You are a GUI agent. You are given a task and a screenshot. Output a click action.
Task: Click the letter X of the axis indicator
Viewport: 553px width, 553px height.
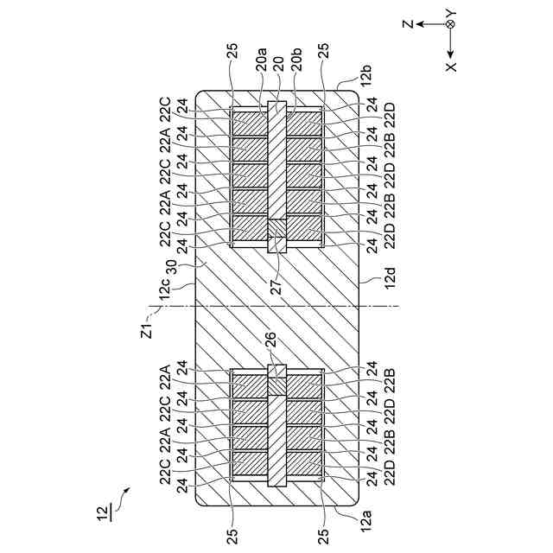(451, 66)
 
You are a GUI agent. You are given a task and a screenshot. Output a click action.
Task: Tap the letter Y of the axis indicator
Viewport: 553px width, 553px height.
(450, 12)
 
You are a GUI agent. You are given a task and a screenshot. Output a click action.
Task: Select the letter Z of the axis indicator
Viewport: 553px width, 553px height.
(407, 25)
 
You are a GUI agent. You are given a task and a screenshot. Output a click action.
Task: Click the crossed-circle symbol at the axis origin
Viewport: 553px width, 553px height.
(450, 25)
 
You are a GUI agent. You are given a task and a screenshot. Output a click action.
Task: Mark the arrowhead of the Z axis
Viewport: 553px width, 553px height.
(420, 25)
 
